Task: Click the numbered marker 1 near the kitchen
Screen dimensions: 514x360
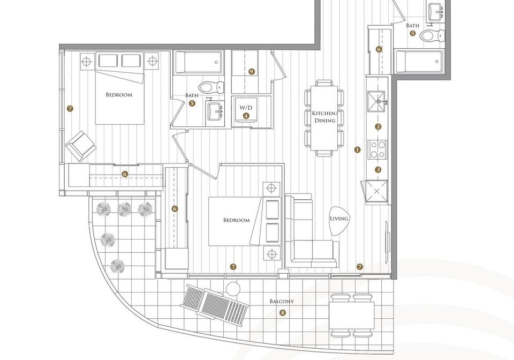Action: tap(357, 149)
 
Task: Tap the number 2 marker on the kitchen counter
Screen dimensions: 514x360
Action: tap(379, 126)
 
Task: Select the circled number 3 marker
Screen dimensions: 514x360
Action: tap(379, 169)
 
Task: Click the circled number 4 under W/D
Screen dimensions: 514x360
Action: tap(246, 115)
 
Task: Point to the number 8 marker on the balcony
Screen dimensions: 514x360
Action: tap(283, 313)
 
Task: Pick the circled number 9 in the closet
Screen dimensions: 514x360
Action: tap(252, 71)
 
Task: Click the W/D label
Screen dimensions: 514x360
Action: tap(246, 108)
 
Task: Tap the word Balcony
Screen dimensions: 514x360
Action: tap(282, 301)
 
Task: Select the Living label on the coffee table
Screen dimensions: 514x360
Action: tap(338, 219)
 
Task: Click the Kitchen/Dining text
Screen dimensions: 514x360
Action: tap(324, 117)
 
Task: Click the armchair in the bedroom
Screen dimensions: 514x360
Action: tap(81, 146)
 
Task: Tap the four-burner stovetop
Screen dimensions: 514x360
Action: tap(377, 149)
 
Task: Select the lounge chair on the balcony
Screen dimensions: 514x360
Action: tap(215, 305)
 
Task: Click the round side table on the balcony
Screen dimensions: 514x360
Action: tap(233, 289)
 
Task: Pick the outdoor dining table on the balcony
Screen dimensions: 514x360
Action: tap(352, 316)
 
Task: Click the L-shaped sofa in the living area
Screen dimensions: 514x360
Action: tap(312, 231)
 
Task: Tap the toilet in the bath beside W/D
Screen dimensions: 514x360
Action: tap(211, 87)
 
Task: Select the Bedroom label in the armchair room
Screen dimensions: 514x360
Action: tap(119, 95)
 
